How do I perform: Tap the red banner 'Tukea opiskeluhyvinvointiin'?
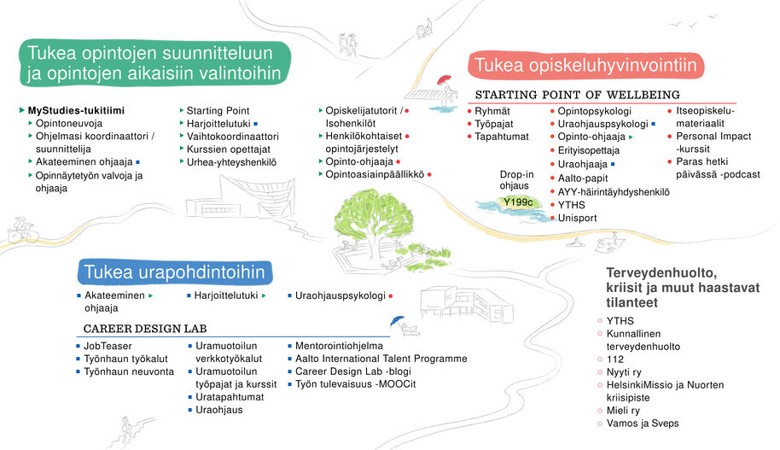pos(585,65)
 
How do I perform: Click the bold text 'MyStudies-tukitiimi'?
pos(76,111)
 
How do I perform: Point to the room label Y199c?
pos(518,202)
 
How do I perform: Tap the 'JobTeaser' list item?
pos(108,346)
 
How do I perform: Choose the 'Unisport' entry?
pos(578,218)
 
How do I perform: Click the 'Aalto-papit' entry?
pos(585,178)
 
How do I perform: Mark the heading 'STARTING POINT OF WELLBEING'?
pos(577,94)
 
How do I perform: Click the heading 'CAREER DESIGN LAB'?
pos(145,329)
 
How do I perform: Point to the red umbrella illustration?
pos(442,80)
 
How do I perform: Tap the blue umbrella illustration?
pos(394,322)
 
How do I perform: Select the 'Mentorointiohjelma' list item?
pos(339,346)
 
